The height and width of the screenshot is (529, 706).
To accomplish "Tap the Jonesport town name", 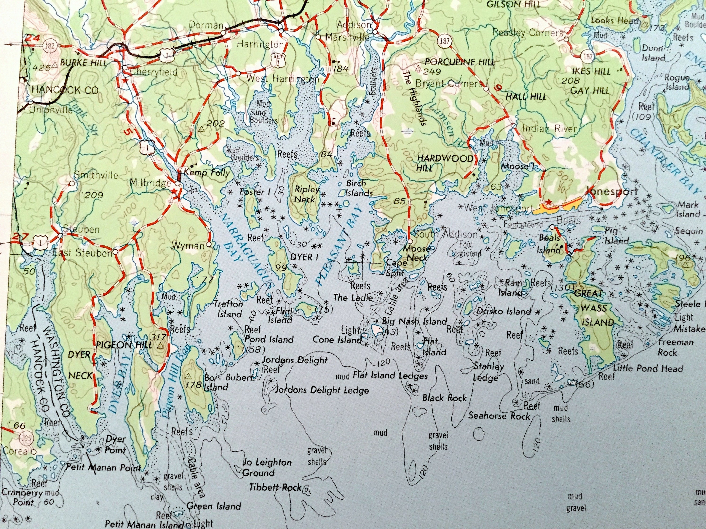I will click(x=612, y=192).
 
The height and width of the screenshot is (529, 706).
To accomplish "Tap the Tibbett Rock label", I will click(x=275, y=487).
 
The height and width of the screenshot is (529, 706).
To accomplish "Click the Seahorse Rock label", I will click(x=499, y=416).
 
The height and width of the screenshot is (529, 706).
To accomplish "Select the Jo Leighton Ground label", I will click(x=267, y=467).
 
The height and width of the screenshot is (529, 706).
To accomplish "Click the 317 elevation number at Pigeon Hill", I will click(x=159, y=337).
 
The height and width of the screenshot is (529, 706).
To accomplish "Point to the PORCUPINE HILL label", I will click(x=459, y=62).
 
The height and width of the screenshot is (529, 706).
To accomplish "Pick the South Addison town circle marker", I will click(x=410, y=241).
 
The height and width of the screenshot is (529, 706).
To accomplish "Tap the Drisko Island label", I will click(x=504, y=311).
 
